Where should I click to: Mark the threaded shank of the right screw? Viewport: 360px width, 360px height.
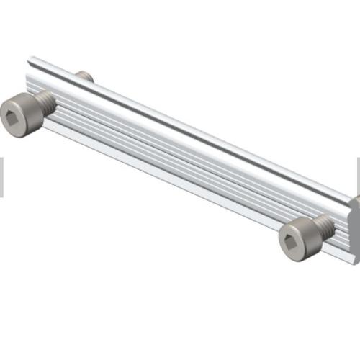pyautogui.click(x=323, y=228)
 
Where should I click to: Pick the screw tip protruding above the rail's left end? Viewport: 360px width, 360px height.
pyautogui.click(x=84, y=76)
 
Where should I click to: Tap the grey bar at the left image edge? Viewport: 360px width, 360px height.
pyautogui.click(x=1, y=176)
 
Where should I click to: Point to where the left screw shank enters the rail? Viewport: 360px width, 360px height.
pyautogui.click(x=55, y=100)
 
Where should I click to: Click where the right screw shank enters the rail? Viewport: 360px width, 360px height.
pyautogui.click(x=329, y=226)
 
